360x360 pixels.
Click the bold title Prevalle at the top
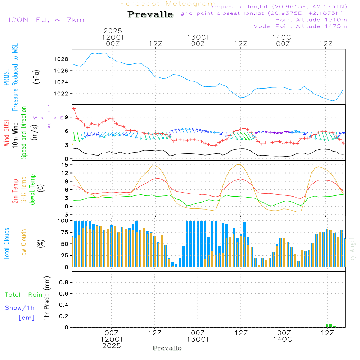coord(150,14)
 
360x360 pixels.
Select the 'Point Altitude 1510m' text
coord(311,20)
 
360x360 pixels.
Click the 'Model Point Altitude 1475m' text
coord(300,26)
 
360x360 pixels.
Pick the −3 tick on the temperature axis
coord(65,215)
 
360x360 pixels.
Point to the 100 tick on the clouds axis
coord(63,221)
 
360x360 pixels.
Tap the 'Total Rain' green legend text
coord(24,295)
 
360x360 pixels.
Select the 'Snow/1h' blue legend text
coord(20,308)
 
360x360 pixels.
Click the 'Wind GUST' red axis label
coord(7,133)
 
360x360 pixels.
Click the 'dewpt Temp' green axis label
coord(32,190)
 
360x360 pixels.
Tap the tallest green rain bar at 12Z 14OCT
coord(327,325)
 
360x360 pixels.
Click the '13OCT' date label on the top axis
coord(198,37)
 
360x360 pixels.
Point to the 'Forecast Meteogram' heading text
coord(168,4)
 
